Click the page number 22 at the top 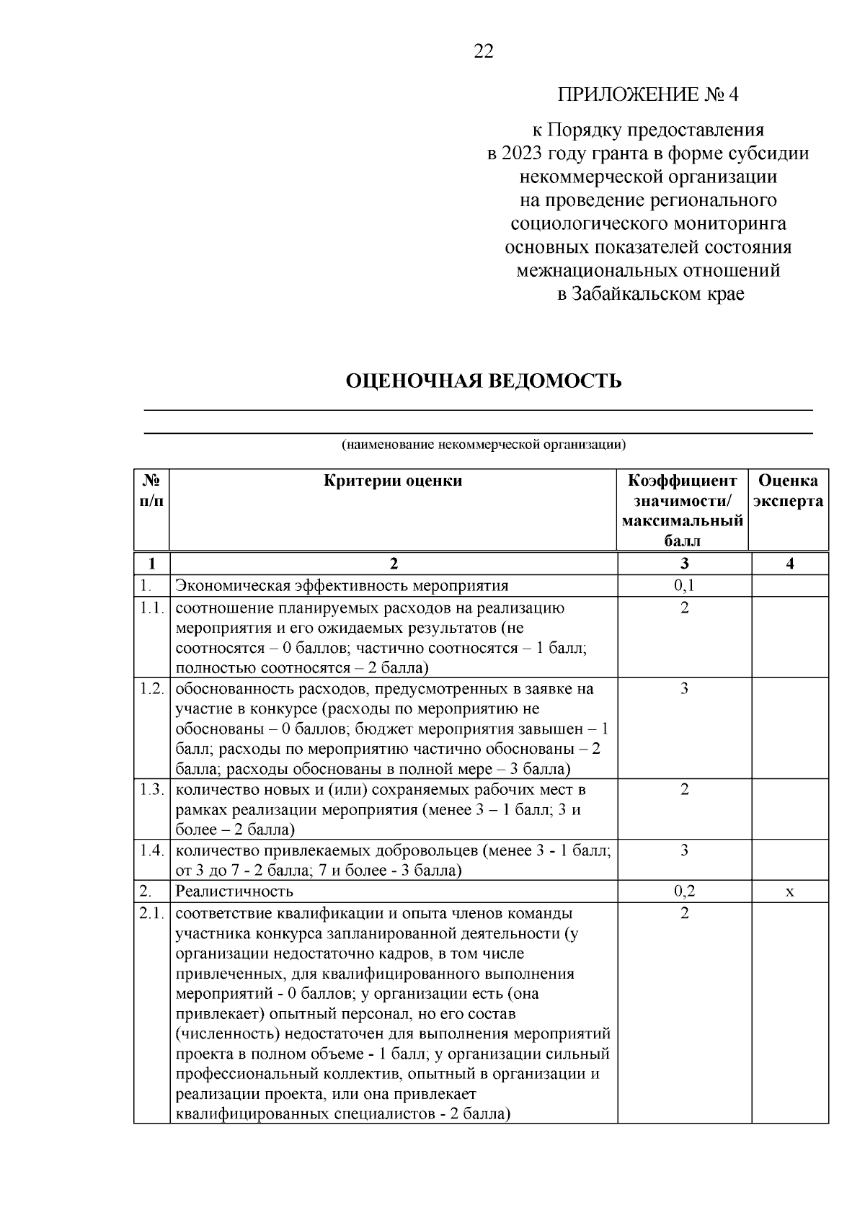coord(483,51)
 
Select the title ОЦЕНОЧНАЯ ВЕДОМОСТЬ coord(484,381)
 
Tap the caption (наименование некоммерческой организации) coord(484,445)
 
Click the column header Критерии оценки coord(393,481)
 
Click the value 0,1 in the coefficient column coord(684,585)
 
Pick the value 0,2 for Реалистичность coord(684,891)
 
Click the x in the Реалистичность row coord(789,891)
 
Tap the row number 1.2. coord(151,688)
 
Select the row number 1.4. coord(151,850)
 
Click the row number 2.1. coord(151,913)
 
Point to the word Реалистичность coord(234,891)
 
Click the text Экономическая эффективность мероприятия coord(342,585)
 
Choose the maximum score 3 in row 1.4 coord(684,850)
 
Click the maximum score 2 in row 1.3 coord(684,789)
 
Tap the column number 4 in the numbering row coord(789,564)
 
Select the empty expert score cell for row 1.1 coord(789,636)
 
